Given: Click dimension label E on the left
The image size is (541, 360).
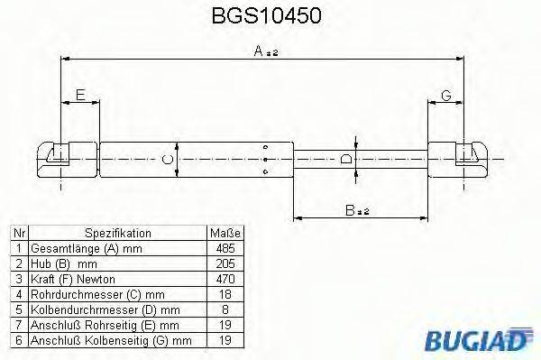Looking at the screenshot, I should (x=80, y=95).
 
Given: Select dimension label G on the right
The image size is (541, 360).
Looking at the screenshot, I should (x=446, y=95).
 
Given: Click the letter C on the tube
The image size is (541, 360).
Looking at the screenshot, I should (x=165, y=160).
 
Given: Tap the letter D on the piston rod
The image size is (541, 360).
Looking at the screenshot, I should (x=346, y=161).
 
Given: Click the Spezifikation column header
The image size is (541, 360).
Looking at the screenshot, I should (x=117, y=233).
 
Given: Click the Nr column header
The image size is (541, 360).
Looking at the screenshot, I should (x=17, y=233).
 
